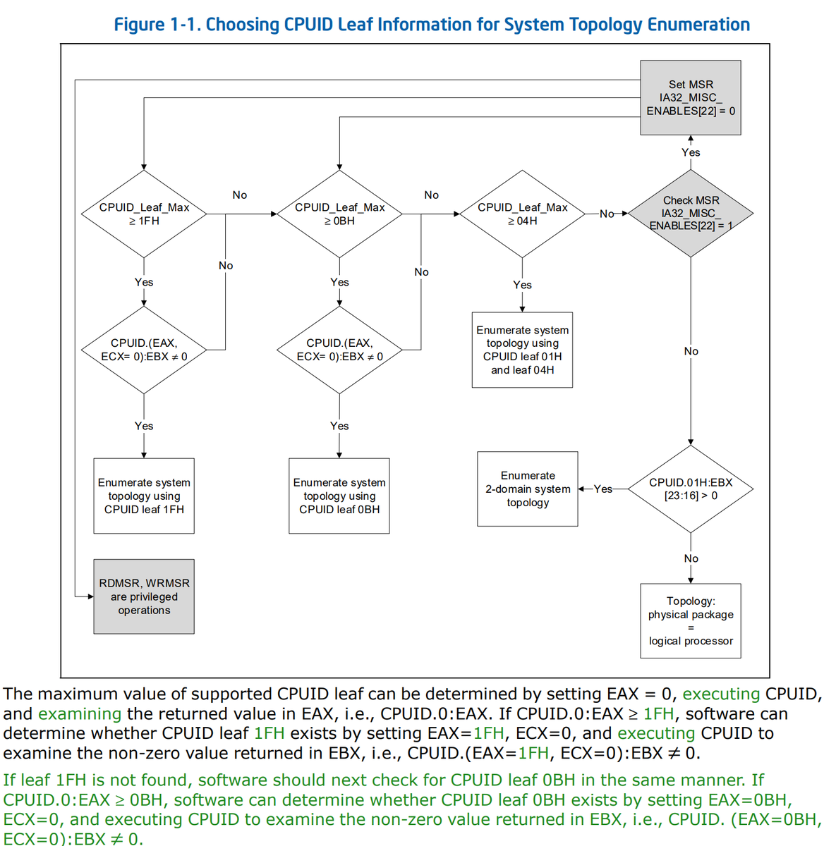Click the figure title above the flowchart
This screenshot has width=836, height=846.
432,25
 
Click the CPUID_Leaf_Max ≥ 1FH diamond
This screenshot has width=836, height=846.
144,214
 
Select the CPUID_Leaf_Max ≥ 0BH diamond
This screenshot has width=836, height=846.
339,214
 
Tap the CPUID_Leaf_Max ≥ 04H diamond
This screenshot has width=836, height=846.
522,214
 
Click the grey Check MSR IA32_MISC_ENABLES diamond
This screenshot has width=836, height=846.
691,213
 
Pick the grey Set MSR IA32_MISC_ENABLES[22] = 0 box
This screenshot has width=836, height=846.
691,97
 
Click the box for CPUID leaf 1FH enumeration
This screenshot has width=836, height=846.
144,496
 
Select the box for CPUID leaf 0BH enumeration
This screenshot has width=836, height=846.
339,496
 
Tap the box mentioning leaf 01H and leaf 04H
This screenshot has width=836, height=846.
522,350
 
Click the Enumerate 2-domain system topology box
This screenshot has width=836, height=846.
528,489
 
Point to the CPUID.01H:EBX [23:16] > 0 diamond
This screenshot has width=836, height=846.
691,489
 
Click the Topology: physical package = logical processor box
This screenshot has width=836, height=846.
691,620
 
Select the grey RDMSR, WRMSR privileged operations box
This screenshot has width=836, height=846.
144,596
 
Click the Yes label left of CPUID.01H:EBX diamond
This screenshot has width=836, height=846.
602,489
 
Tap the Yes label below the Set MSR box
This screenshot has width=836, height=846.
691,152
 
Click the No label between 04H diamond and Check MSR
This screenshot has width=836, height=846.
607,214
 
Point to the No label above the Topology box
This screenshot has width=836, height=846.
691,558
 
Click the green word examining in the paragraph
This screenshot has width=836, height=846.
80,713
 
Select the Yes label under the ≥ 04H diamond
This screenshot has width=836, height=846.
522,285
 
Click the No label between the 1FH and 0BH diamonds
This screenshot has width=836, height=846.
240,195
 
